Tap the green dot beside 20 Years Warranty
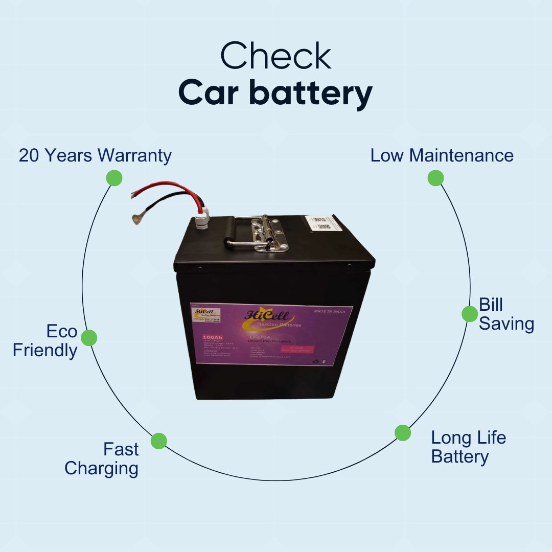click(114, 178)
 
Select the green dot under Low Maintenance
click(435, 178)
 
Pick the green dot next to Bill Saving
click(469, 314)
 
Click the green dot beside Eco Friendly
click(89, 337)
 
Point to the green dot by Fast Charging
click(159, 441)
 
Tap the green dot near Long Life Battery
click(403, 432)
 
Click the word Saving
click(507, 324)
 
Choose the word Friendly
click(45, 351)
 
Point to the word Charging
click(101, 468)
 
